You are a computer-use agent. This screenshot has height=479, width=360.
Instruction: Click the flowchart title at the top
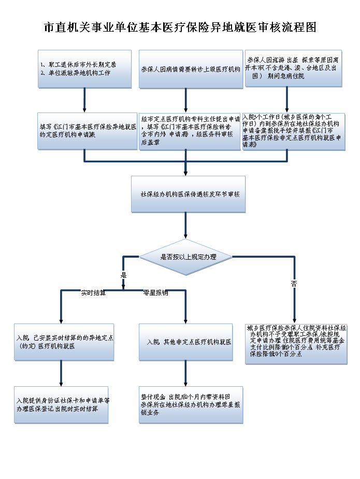[x=180, y=27]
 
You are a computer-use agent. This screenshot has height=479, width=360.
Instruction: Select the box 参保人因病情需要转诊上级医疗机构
[x=191, y=68]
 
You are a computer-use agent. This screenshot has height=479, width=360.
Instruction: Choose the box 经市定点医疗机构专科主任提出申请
[x=191, y=131]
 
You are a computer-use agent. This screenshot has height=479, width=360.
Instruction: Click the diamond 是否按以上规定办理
[x=186, y=257]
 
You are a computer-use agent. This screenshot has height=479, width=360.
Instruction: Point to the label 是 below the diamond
[x=124, y=275]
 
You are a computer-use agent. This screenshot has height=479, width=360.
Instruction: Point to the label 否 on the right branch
[x=294, y=283]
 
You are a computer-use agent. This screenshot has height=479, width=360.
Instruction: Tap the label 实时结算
[x=93, y=293]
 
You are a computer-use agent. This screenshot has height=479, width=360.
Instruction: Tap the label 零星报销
[x=155, y=293]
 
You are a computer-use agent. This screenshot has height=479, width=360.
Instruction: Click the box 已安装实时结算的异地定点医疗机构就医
[x=64, y=342]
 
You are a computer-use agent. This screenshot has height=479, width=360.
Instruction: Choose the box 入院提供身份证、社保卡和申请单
[x=62, y=404]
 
